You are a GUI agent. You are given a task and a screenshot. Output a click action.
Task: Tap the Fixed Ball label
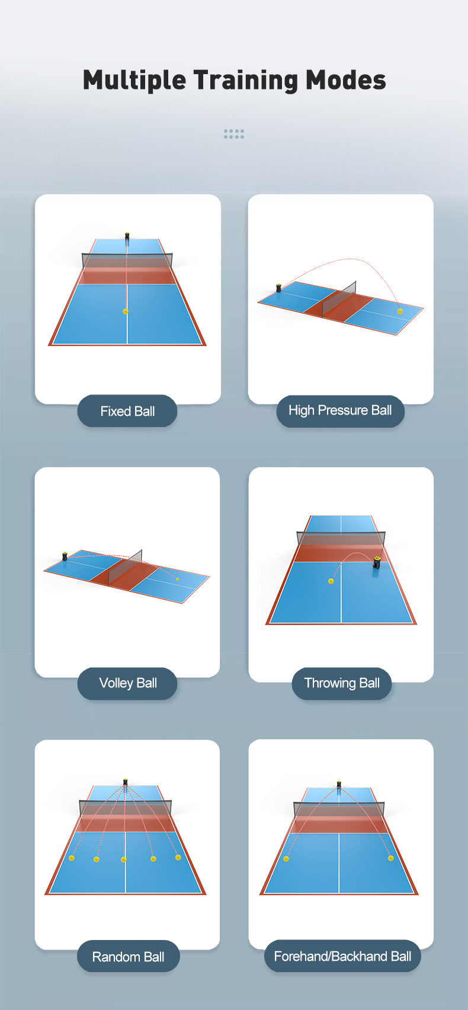pyautogui.click(x=127, y=411)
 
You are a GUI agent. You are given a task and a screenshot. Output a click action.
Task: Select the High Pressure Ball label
pyautogui.click(x=340, y=411)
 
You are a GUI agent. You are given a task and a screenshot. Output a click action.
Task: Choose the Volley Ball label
pyautogui.click(x=127, y=683)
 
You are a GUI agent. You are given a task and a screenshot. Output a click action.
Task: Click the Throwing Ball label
pyautogui.click(x=341, y=683)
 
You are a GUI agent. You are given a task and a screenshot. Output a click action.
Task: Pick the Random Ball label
pyautogui.click(x=129, y=957)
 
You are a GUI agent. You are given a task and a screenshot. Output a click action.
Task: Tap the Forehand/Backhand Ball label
pyautogui.click(x=342, y=956)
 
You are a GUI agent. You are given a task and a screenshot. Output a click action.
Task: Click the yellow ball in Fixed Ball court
pyautogui.click(x=126, y=311)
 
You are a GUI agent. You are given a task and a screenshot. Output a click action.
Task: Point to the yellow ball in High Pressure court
pyautogui.click(x=400, y=311)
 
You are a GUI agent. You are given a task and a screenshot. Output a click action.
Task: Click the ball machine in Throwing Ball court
pyautogui.click(x=376, y=565)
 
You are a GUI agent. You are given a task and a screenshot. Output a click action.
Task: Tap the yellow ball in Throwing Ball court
pyautogui.click(x=331, y=581)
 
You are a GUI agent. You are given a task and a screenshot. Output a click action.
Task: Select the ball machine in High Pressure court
pyautogui.click(x=279, y=288)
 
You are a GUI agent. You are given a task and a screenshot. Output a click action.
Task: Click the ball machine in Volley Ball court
pyautogui.click(x=65, y=556)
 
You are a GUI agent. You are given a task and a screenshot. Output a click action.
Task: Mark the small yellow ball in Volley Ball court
pyautogui.click(x=178, y=579)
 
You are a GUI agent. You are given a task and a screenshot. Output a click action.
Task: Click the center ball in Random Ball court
pyautogui.click(x=124, y=859)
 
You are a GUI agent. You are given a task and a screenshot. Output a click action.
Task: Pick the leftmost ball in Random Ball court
pyautogui.click(x=72, y=858)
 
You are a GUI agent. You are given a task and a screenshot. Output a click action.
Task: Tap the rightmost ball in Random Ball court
pyautogui.click(x=178, y=857)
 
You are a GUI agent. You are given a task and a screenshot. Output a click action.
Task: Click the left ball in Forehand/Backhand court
pyautogui.click(x=286, y=859)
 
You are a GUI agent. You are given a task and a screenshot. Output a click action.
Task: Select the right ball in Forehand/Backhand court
pyautogui.click(x=391, y=858)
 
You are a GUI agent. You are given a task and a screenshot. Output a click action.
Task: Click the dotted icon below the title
pyautogui.click(x=234, y=134)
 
